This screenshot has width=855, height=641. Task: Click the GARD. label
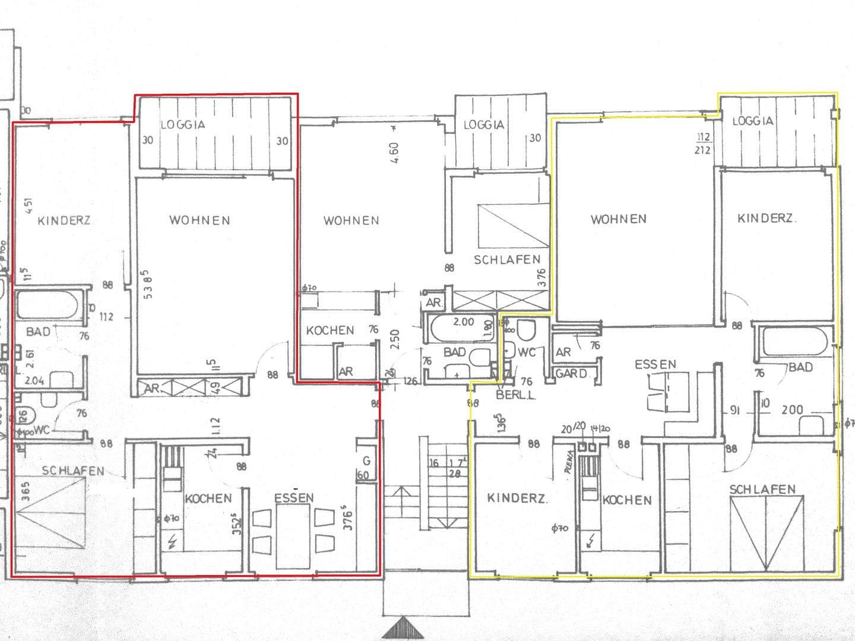coord(571,374)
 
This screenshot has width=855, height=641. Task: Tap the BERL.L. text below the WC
coord(515,395)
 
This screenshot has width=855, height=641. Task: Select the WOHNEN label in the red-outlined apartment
coord(199,220)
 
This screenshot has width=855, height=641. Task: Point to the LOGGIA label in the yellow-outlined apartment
coord(753,121)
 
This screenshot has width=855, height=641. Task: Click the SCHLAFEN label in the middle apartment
coord(507,260)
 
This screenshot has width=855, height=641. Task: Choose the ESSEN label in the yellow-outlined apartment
coord(655,364)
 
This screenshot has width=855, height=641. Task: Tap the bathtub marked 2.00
coord(457,329)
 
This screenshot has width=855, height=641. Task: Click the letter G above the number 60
coord(366,461)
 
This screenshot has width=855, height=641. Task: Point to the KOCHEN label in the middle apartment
coord(330,331)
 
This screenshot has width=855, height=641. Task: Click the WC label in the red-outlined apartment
coord(42,430)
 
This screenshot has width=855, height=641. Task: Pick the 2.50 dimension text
coord(395,339)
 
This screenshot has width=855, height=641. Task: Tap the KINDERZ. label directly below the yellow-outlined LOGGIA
coord(766,218)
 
